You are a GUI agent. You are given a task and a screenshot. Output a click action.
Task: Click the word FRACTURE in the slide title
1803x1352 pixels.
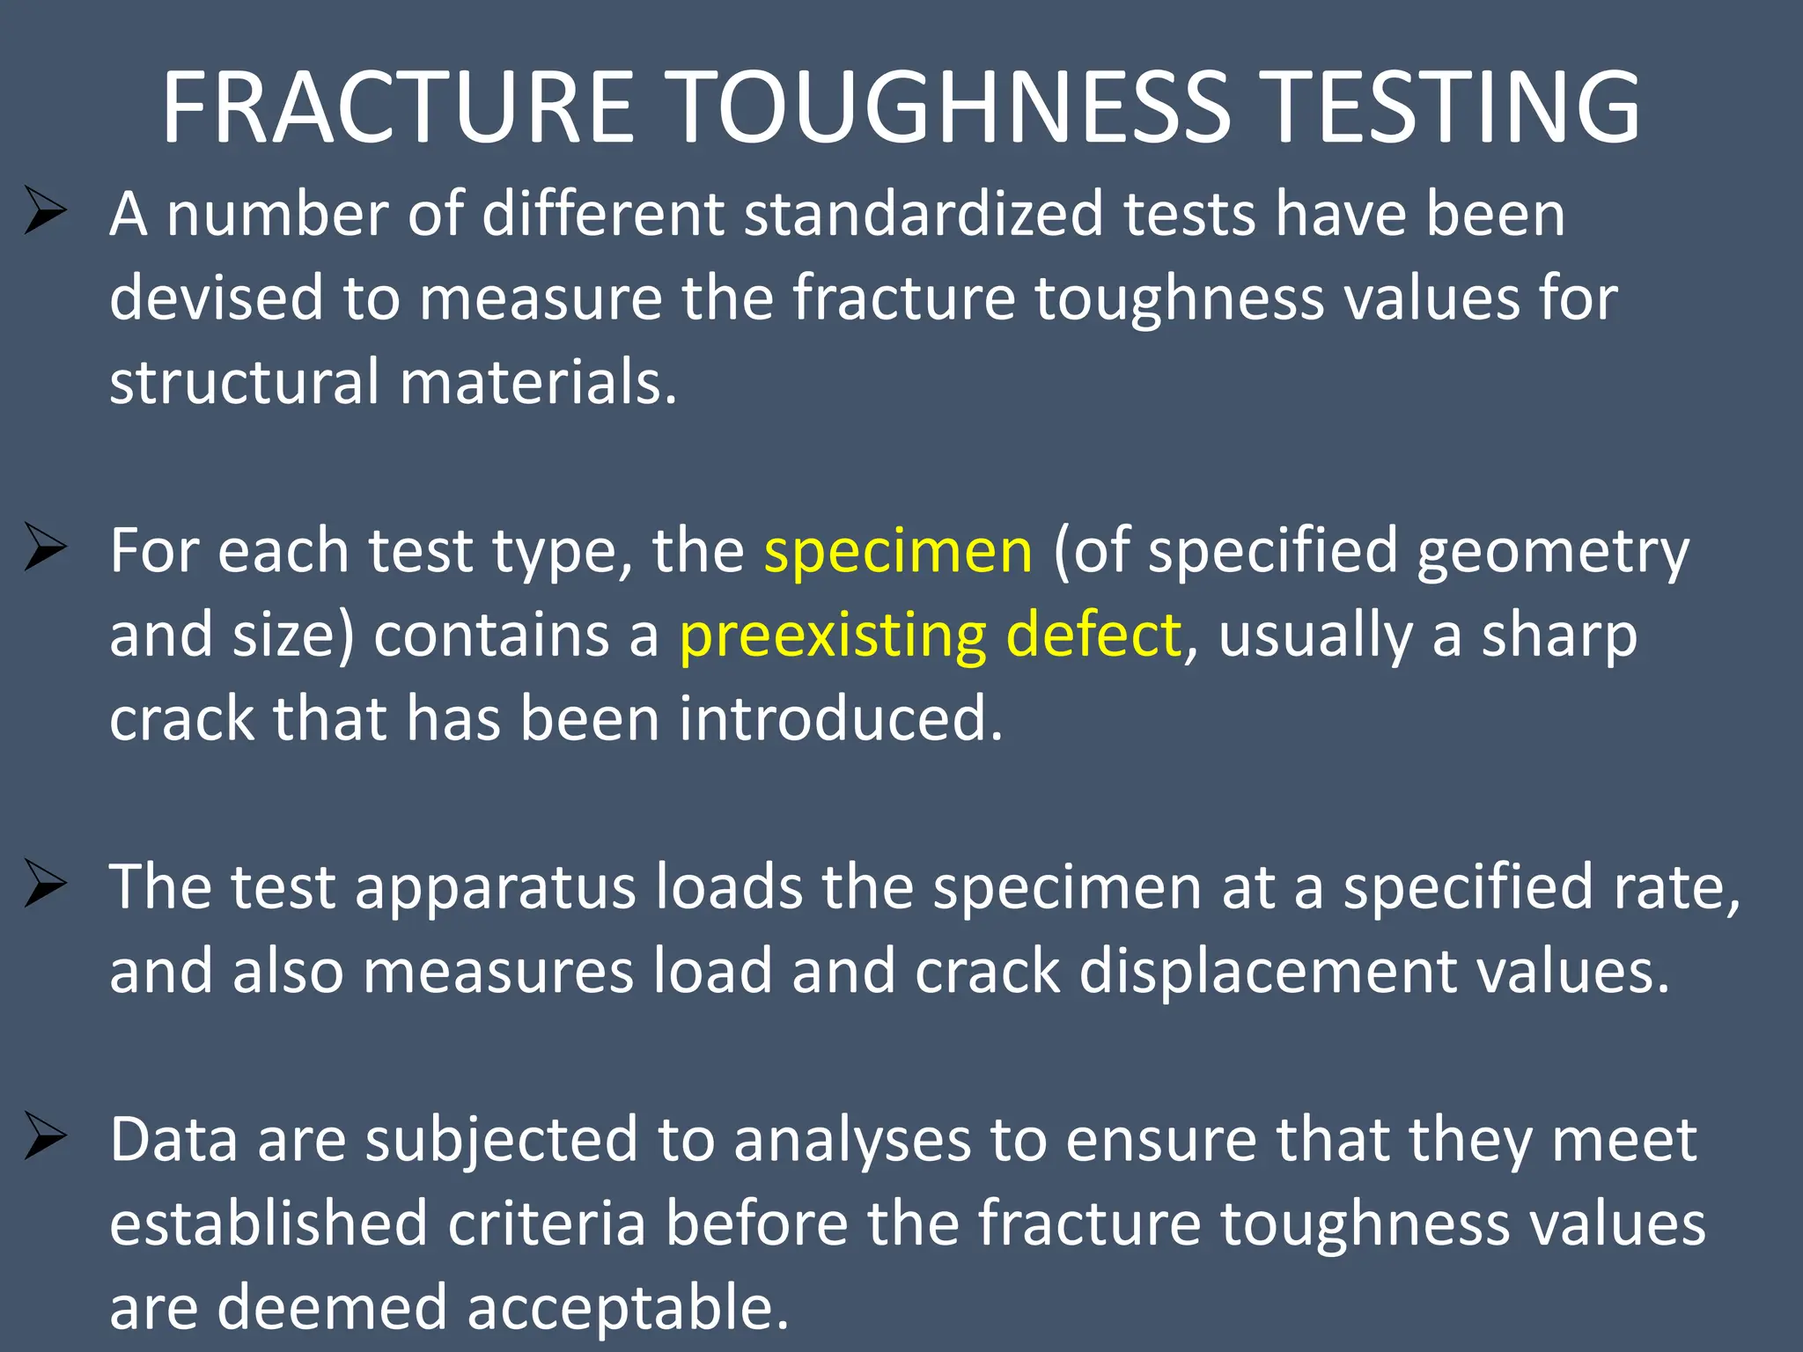click(398, 107)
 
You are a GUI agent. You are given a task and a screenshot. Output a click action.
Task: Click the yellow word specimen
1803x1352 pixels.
click(898, 553)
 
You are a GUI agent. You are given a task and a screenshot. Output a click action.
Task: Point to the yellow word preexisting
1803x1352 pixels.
click(832, 636)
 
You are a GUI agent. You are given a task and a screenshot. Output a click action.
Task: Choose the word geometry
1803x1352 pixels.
click(1553, 553)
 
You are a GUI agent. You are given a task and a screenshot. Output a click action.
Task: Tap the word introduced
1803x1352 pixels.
click(841, 718)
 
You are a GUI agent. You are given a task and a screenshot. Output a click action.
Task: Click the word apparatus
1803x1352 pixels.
click(495, 889)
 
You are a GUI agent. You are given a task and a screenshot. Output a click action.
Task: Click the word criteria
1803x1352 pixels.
click(547, 1223)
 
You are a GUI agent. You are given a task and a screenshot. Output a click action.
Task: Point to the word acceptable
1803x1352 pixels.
click(627, 1308)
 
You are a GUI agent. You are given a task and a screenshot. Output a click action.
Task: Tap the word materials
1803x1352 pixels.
click(539, 384)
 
